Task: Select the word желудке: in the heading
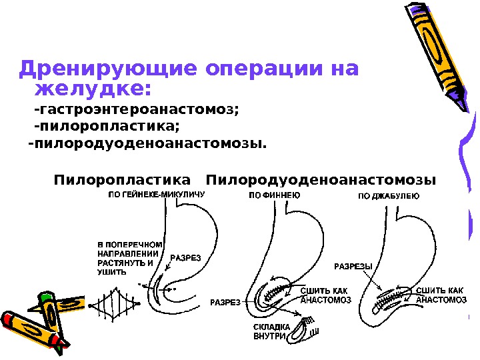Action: [x=93, y=89]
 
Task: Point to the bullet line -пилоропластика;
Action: [x=106, y=126]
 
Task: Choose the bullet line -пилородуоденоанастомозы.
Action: [x=146, y=143]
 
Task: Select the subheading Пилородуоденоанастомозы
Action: [x=321, y=180]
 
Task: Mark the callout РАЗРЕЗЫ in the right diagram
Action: [x=353, y=267]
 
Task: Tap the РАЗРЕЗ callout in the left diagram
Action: [x=186, y=257]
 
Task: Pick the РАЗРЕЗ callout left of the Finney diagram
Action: [x=225, y=302]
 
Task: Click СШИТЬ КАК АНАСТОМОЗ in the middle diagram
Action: [x=326, y=295]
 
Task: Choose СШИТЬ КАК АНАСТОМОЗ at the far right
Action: [x=441, y=295]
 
